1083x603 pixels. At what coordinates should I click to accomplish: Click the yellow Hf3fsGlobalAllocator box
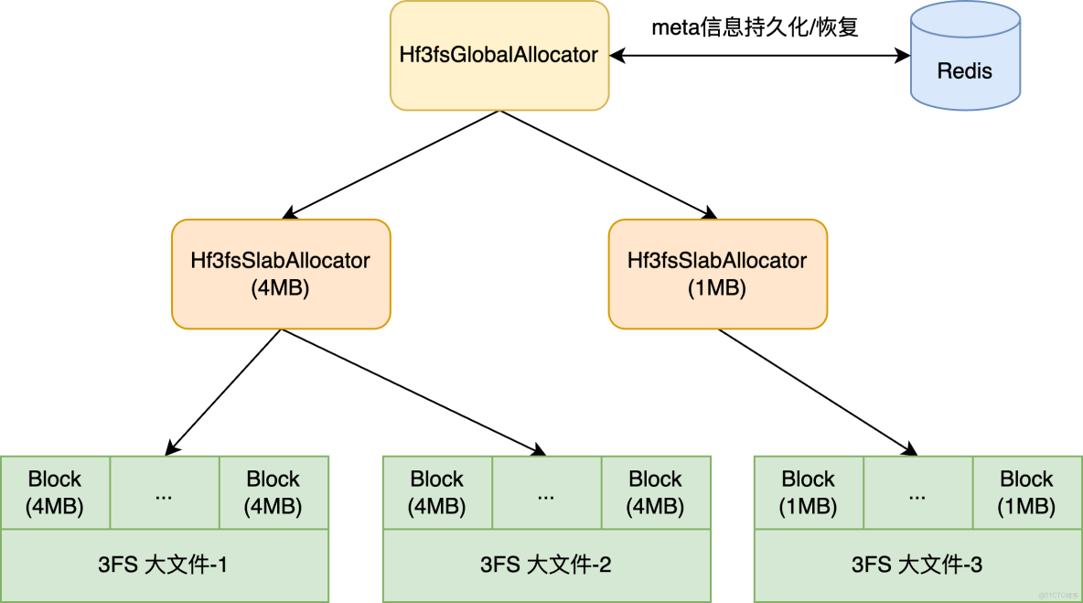[499, 55]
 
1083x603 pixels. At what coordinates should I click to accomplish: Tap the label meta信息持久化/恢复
[755, 28]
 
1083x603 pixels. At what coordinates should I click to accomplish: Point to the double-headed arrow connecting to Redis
[759, 56]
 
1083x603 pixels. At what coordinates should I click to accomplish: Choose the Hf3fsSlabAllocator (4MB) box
[281, 274]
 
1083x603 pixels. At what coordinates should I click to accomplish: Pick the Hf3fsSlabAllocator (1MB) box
[717, 274]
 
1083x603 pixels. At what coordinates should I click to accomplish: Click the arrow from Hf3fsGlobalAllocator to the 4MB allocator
[393, 165]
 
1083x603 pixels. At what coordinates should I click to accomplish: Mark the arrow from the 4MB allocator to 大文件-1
[224, 391]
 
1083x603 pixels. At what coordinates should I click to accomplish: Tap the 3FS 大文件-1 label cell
[165, 565]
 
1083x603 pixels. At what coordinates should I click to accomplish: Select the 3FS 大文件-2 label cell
[546, 565]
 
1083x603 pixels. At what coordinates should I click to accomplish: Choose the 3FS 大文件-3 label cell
[917, 565]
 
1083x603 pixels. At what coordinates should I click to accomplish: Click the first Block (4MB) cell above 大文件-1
[55, 492]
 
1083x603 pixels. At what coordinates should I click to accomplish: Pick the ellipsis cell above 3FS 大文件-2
[546, 492]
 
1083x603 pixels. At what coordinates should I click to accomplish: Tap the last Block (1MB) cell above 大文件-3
[1026, 492]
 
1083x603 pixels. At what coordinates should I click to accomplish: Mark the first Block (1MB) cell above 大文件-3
[809, 492]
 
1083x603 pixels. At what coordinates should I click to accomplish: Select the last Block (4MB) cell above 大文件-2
[655, 492]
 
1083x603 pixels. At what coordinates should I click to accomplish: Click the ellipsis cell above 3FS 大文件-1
[165, 492]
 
